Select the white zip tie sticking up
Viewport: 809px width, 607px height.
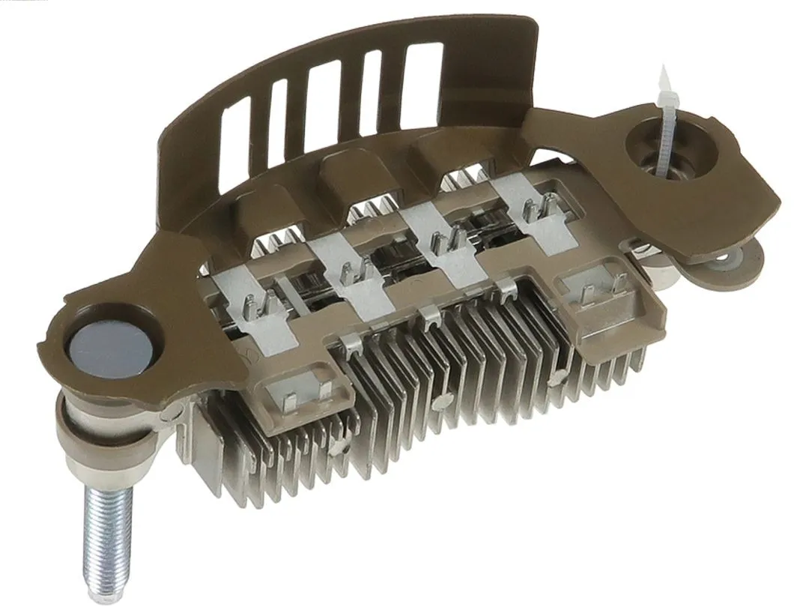(x=664, y=120)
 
